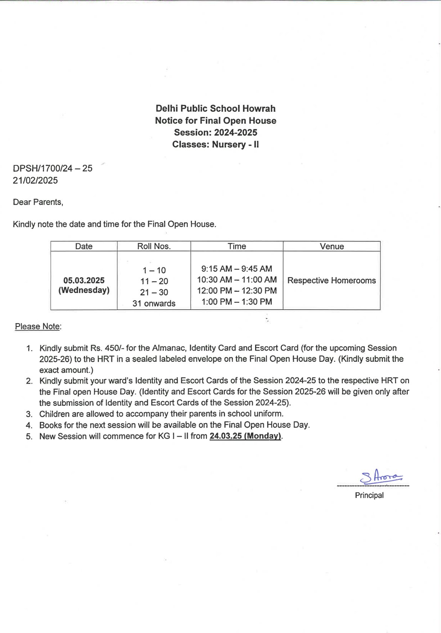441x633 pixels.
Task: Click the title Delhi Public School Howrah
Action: (215, 109)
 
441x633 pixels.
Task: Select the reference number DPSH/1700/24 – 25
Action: (53, 168)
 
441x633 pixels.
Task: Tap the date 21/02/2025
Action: (35, 181)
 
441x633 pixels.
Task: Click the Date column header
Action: (84, 246)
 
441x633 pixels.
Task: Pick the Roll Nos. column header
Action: (154, 246)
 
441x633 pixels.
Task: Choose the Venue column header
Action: (332, 246)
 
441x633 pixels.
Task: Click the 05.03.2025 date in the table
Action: (84, 280)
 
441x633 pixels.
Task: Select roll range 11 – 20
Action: (154, 281)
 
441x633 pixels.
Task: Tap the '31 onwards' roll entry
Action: (154, 303)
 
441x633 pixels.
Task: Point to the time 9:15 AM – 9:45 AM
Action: (237, 269)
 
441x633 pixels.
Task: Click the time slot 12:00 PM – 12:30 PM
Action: (237, 291)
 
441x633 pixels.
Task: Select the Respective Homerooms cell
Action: (332, 281)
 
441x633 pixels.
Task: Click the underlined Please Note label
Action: (38, 326)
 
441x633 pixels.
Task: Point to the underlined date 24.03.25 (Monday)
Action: (245, 436)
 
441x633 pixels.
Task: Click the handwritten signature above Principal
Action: (381, 477)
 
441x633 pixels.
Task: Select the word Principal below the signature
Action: (369, 495)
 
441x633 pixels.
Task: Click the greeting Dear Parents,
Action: (38, 202)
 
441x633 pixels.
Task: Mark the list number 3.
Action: (29, 414)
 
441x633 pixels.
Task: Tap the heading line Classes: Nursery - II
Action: (215, 145)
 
